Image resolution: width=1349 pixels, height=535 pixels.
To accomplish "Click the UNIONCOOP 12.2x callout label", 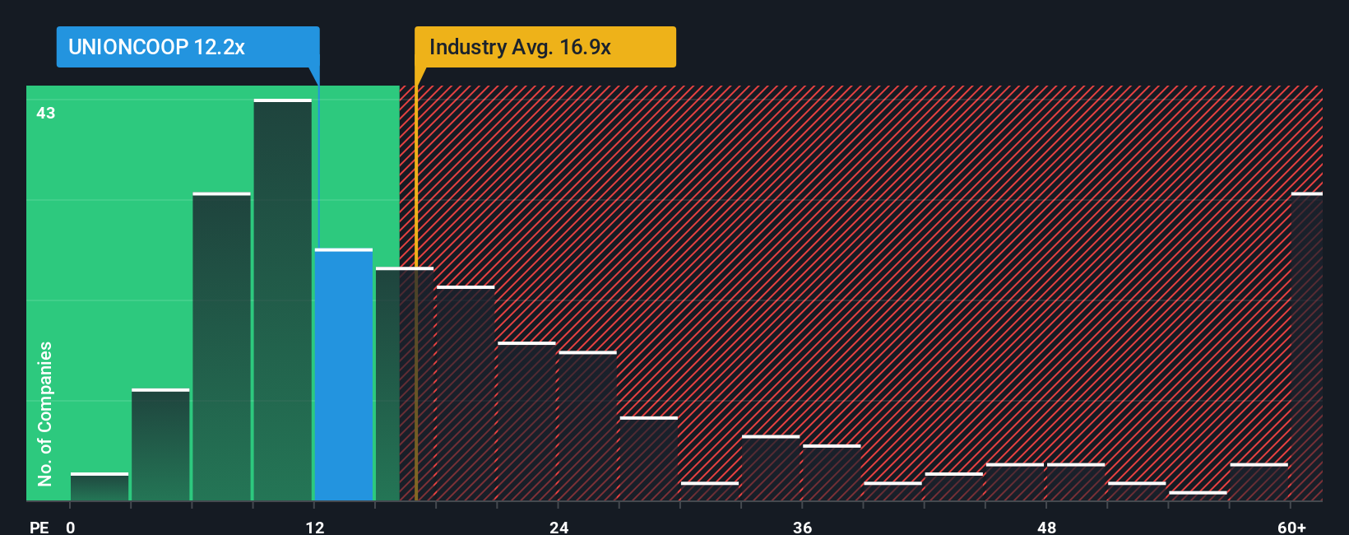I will click(x=188, y=47).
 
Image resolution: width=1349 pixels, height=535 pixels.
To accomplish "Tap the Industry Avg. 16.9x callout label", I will click(x=545, y=47).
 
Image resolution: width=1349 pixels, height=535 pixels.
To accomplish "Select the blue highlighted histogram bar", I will click(x=344, y=374).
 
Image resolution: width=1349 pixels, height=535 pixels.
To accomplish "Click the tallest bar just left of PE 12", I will click(x=283, y=300).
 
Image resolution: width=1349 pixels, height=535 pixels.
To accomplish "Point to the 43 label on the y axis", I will click(x=45, y=113).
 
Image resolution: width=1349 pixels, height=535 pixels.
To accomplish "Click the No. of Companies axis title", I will click(x=45, y=413).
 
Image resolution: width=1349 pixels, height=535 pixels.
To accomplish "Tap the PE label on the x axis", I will click(x=39, y=527).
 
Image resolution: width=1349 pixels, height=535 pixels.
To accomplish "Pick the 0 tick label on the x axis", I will click(x=71, y=527).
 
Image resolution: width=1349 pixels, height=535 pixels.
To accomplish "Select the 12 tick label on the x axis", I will click(x=315, y=527).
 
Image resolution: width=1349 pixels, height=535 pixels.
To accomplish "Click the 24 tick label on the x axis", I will click(x=559, y=527).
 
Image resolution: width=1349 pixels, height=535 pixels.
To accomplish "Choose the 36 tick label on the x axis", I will click(x=803, y=527).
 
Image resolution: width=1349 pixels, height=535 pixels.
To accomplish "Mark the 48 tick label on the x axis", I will click(x=1046, y=527).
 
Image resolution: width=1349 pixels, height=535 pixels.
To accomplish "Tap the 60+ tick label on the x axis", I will click(x=1292, y=527).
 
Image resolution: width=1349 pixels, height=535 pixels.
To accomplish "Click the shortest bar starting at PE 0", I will click(x=100, y=487).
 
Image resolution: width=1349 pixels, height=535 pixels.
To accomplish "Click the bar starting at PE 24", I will click(x=587, y=426).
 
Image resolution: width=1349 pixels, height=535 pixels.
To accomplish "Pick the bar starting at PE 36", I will click(x=832, y=473).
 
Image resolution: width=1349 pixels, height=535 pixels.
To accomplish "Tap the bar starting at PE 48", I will click(x=1076, y=482).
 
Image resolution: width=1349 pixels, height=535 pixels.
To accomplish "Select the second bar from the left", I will click(x=160, y=444).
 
